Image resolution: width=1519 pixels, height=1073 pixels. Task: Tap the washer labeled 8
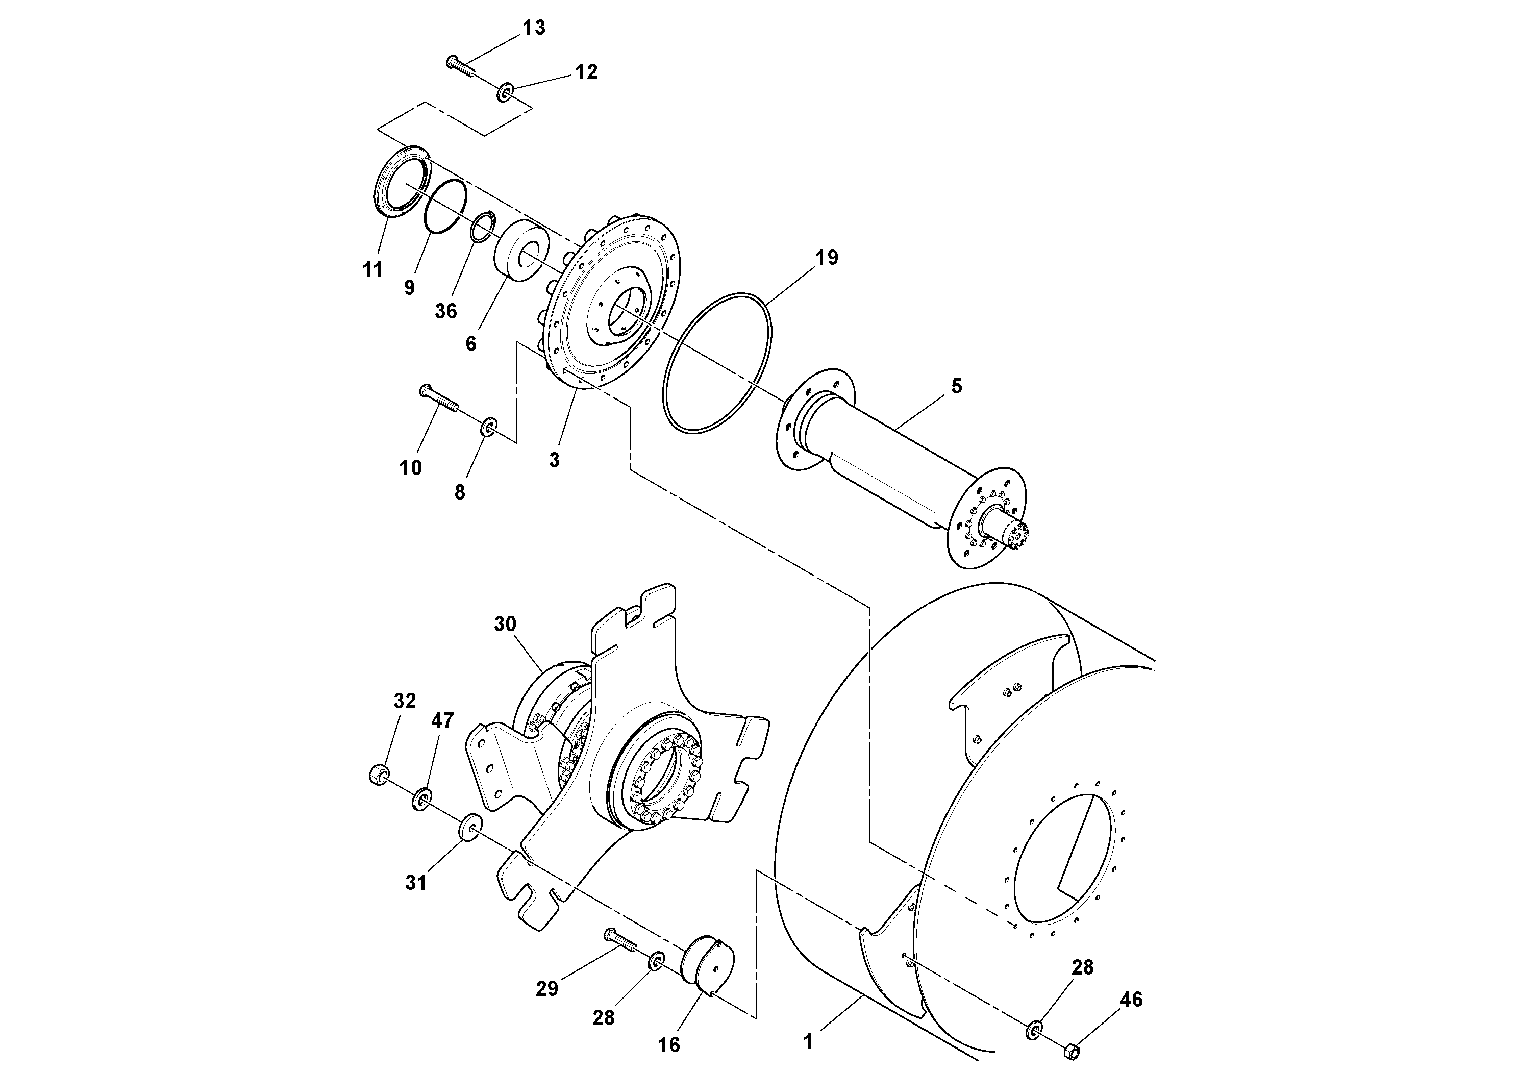489,427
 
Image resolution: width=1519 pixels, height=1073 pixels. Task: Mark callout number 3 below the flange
555,460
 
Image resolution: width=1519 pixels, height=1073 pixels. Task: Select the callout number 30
505,624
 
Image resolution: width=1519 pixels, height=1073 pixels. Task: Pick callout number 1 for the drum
808,1042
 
